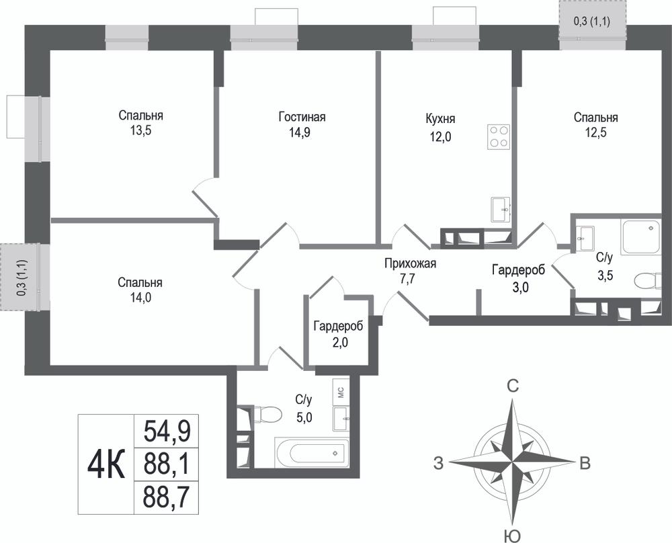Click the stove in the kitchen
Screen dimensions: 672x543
[x=499, y=136]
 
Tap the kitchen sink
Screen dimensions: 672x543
[x=501, y=210]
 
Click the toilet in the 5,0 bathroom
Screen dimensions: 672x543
[x=267, y=415]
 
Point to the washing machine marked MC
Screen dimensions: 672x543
[x=341, y=392]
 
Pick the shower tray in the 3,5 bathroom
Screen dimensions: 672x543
[x=641, y=236]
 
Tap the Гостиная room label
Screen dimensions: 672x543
[x=302, y=116]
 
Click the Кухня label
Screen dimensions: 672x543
[x=440, y=118]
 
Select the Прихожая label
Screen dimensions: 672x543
[x=410, y=263]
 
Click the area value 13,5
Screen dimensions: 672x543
[x=140, y=130]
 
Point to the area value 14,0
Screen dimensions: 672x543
[x=140, y=297]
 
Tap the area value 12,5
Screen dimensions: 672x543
[x=595, y=132]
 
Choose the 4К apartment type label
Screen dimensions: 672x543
[x=106, y=464]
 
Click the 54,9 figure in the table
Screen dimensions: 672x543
[x=167, y=431]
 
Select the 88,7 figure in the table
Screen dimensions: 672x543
[x=167, y=497]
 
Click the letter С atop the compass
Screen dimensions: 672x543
[x=513, y=386]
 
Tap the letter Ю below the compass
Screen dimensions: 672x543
[x=512, y=536]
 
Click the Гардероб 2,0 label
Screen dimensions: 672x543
[x=338, y=334]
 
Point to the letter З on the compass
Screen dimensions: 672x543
[x=438, y=463]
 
